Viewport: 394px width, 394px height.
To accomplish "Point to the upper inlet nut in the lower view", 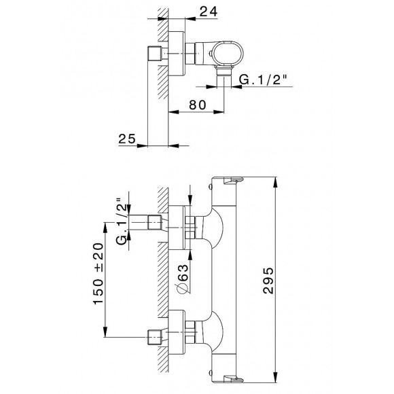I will pos(148,221).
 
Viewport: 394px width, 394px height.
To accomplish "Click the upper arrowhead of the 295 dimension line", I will pos(276,182).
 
